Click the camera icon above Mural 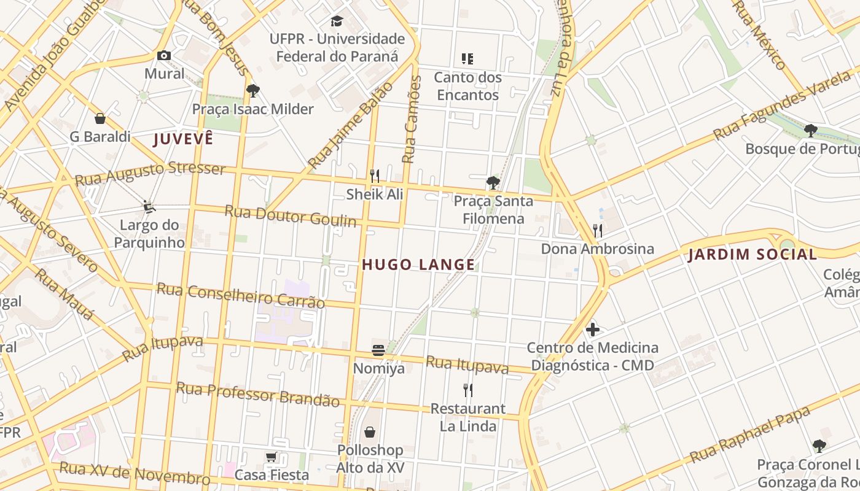click(163, 56)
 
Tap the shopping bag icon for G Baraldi click(100, 118)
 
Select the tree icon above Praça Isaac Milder click(252, 91)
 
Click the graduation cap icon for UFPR click(337, 21)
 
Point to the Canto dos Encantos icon click(467, 59)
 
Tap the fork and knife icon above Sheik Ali click(375, 176)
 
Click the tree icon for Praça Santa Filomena click(493, 182)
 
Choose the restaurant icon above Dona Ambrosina click(597, 231)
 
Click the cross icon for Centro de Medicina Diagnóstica click(593, 330)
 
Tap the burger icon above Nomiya click(378, 350)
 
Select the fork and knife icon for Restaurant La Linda click(468, 390)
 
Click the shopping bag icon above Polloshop click(370, 432)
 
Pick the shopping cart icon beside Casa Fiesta click(272, 457)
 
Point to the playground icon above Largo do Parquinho click(149, 206)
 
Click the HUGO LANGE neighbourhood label click(418, 265)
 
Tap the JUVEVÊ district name click(183, 139)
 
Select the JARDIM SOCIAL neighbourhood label click(752, 254)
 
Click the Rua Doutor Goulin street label click(290, 215)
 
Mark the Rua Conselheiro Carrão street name click(240, 295)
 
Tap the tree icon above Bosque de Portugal click(811, 130)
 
